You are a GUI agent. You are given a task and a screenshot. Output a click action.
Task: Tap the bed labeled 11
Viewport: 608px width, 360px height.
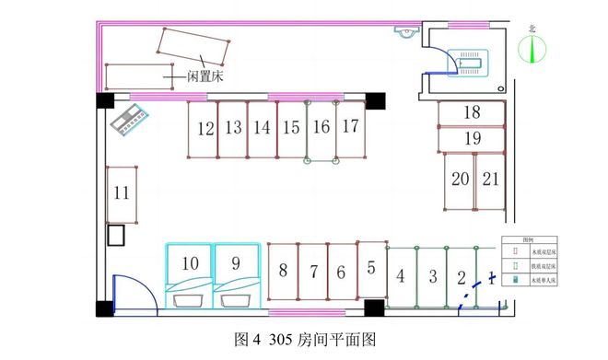tap(122, 193)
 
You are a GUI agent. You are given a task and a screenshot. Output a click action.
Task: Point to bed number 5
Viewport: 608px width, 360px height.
tap(370, 270)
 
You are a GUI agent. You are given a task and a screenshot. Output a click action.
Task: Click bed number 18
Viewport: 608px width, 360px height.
tap(472, 113)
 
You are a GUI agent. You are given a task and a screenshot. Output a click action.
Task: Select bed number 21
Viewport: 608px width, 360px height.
tap(491, 180)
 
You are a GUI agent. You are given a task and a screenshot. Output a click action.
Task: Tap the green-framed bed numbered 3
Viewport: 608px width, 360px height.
tap(431, 277)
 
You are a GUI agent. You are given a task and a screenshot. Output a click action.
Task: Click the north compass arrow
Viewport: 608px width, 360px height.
tap(532, 48)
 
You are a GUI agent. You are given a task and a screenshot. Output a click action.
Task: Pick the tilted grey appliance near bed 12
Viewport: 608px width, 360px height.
tap(129, 120)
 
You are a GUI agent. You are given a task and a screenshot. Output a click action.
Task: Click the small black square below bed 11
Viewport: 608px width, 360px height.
tap(117, 235)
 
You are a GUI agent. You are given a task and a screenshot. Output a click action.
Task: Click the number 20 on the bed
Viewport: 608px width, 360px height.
tap(460, 180)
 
